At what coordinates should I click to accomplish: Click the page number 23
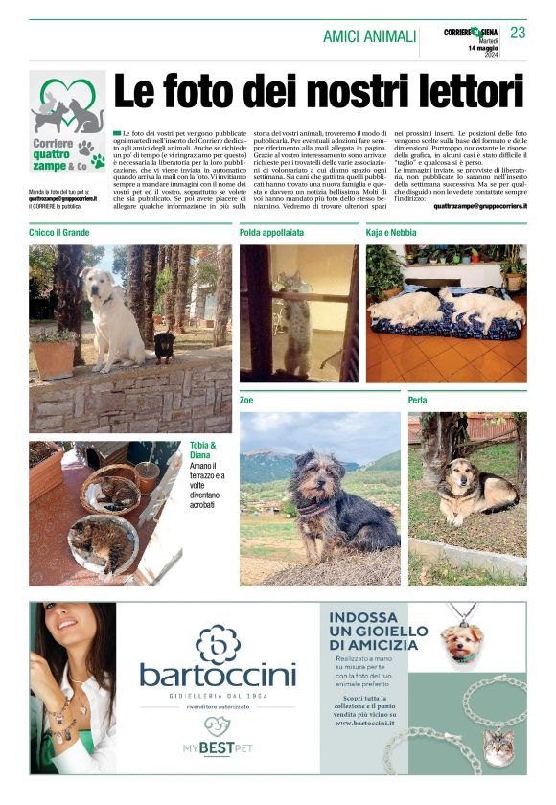(519, 34)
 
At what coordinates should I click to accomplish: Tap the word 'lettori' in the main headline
(457, 94)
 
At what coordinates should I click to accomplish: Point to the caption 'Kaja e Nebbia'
(390, 232)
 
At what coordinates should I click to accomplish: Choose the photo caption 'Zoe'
(246, 400)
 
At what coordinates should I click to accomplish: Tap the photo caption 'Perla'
(417, 400)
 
